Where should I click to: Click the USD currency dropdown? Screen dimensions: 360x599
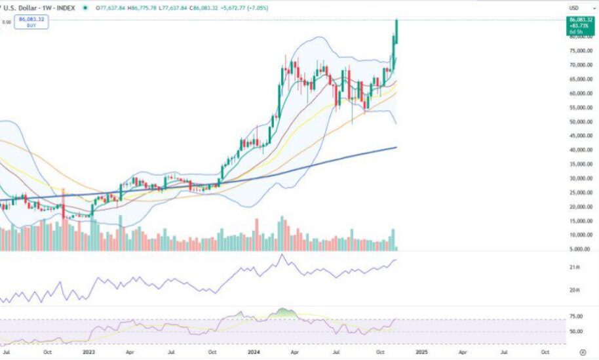click(x=574, y=8)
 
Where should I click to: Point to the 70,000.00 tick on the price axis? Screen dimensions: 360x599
click(x=581, y=65)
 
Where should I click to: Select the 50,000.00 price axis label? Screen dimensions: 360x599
click(x=581, y=122)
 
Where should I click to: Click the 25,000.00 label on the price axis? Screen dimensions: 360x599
click(x=581, y=193)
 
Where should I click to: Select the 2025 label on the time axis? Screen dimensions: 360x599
click(x=420, y=351)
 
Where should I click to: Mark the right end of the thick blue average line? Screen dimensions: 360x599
click(x=396, y=148)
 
